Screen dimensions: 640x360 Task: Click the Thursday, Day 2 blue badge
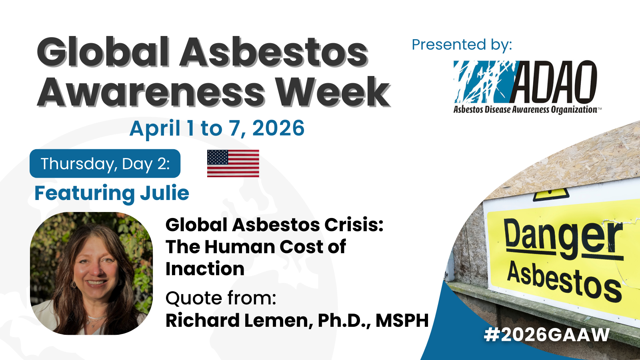click(x=105, y=164)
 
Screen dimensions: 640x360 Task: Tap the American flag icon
click(x=233, y=164)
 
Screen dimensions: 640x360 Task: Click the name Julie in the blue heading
click(x=164, y=193)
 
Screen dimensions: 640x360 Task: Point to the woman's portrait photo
click(x=92, y=274)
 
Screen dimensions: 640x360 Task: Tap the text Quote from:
click(x=221, y=298)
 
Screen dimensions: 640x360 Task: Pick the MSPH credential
click(x=402, y=320)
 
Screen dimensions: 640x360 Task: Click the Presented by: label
click(x=462, y=45)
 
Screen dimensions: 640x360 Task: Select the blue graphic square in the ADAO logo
click(x=485, y=82)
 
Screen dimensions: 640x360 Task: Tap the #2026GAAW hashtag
click(x=547, y=335)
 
